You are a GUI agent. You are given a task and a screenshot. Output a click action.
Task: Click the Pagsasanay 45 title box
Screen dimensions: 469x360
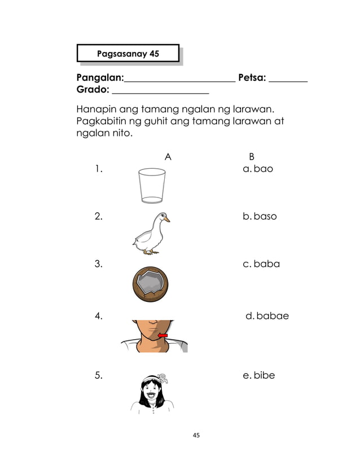[x=128, y=54]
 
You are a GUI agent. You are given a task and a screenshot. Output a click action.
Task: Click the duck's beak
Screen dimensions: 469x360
[x=166, y=219]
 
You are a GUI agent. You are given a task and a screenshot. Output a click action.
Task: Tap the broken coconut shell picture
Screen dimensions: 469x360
[x=150, y=283]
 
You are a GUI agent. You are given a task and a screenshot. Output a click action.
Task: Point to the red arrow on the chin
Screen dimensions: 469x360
[x=163, y=335]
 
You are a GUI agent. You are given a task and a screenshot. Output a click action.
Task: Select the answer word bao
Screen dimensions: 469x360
[x=263, y=169]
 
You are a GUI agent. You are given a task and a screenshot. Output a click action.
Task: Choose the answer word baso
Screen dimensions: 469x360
[x=265, y=217]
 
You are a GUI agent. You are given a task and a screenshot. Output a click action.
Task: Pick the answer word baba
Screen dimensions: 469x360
[x=266, y=264]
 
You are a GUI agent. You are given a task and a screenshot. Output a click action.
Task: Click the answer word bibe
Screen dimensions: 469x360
[x=264, y=375]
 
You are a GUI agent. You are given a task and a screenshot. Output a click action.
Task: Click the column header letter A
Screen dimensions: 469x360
[x=168, y=157]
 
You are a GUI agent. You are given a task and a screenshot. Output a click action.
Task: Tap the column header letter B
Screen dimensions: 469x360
[x=252, y=157]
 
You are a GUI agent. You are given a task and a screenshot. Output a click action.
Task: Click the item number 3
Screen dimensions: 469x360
[x=99, y=264]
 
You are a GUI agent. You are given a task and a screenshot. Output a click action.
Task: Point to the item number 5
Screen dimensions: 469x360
[x=99, y=375]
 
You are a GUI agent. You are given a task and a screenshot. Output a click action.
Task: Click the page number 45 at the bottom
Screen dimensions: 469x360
[x=196, y=435]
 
